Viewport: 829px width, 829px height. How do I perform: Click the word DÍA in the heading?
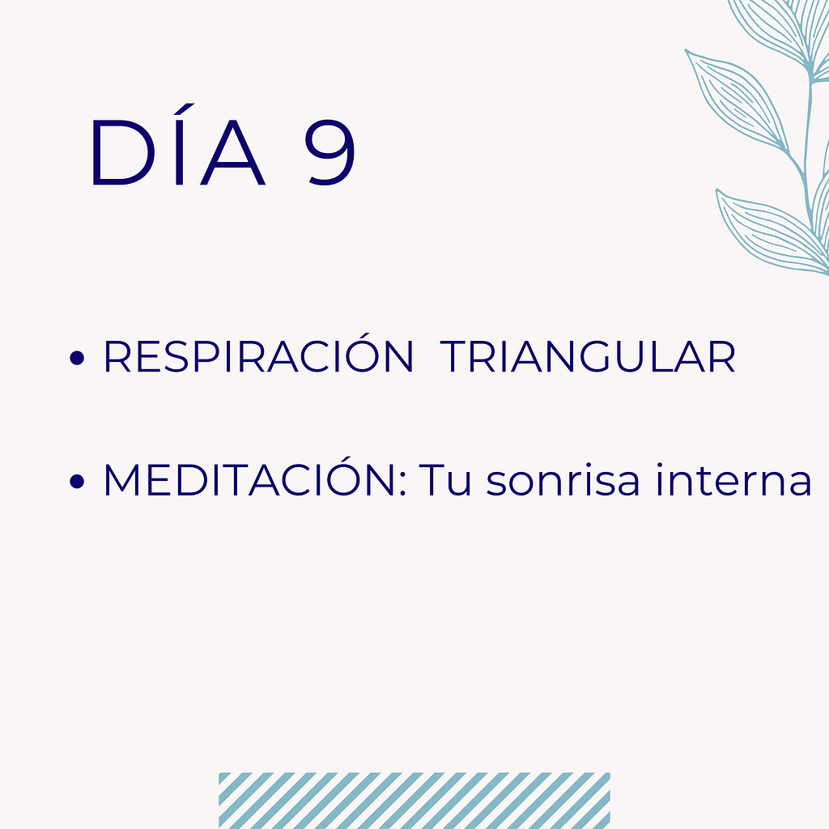(177, 154)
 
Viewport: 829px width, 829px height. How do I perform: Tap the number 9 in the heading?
(330, 154)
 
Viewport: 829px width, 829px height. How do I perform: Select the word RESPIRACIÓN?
(258, 358)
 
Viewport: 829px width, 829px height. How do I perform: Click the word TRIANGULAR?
(589, 358)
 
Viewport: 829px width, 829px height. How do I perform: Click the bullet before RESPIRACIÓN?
(78, 359)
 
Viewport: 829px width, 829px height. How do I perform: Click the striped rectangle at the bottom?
(414, 800)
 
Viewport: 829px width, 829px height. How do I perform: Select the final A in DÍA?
(235, 154)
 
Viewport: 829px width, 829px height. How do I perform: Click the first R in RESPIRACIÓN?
(117, 358)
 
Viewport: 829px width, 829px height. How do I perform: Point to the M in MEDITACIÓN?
(123, 481)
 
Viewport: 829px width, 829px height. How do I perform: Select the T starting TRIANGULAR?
(456, 358)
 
